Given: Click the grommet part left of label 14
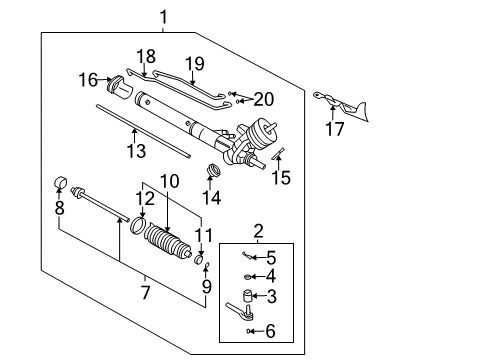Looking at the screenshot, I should pyautogui.click(x=211, y=171).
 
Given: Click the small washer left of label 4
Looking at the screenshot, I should pyautogui.click(x=247, y=276).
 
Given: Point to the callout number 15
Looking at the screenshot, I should pyautogui.click(x=282, y=177).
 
